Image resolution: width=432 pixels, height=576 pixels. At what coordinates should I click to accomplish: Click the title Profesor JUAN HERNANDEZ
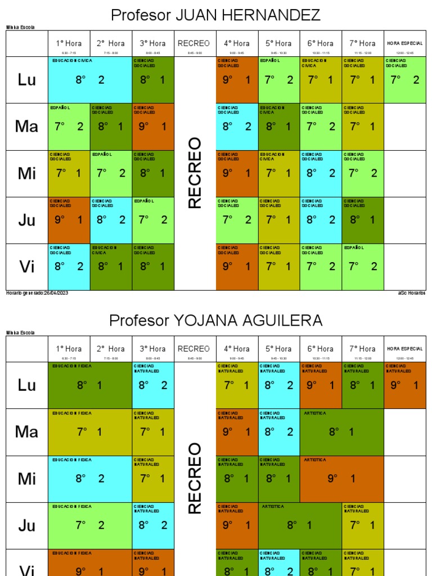click(x=216, y=15)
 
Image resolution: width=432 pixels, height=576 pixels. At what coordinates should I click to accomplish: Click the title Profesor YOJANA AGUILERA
click(x=216, y=321)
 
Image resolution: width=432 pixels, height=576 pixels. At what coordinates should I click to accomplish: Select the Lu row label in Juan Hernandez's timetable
click(x=27, y=79)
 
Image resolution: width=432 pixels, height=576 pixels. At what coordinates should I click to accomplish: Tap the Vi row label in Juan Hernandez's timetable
click(x=27, y=267)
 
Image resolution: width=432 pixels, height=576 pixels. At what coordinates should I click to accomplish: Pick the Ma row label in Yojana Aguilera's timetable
click(x=27, y=431)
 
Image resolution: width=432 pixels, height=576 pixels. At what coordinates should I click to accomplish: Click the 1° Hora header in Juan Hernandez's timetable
click(x=69, y=43)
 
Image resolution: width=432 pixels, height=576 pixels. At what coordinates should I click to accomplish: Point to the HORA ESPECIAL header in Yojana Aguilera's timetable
click(x=405, y=349)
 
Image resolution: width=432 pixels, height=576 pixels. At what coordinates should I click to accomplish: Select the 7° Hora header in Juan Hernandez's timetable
click(x=363, y=43)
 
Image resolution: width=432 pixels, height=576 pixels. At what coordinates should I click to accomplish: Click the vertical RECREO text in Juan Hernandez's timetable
click(x=195, y=173)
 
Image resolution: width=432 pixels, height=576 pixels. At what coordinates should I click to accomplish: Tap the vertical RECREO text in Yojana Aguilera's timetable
click(x=195, y=478)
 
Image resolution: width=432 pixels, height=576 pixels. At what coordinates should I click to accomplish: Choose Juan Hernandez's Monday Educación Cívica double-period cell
click(x=90, y=79)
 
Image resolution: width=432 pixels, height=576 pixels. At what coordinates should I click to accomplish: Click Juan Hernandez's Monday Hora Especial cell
click(x=405, y=79)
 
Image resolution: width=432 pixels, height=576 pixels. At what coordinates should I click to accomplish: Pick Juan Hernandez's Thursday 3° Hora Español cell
click(x=153, y=220)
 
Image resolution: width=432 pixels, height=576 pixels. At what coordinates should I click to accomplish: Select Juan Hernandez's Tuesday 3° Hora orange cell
click(x=153, y=127)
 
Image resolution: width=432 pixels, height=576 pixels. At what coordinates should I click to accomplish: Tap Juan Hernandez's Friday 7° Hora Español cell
click(x=363, y=267)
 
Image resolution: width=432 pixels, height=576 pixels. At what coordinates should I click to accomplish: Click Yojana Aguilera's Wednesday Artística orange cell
click(x=341, y=479)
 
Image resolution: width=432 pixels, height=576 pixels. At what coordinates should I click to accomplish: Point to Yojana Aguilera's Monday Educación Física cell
click(x=90, y=385)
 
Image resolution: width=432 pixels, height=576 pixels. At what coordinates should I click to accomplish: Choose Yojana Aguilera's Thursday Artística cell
click(x=300, y=525)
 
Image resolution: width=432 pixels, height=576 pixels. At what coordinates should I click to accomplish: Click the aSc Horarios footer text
click(x=412, y=293)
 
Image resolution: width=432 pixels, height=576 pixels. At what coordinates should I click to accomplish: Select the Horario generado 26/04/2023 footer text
click(x=37, y=293)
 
